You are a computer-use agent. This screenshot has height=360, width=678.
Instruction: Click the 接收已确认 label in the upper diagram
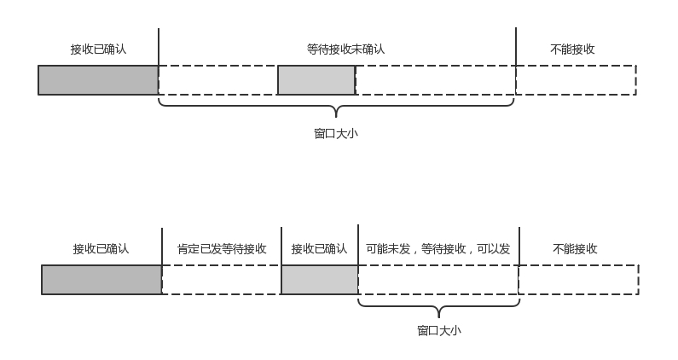98,49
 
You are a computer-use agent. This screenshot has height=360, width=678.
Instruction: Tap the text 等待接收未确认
345,49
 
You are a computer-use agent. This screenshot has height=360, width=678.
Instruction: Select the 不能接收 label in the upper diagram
573,49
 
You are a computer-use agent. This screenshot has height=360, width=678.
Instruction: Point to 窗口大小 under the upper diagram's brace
336,134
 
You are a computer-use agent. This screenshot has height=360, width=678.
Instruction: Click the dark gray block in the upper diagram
98,80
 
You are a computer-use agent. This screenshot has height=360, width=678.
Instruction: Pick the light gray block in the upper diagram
316,80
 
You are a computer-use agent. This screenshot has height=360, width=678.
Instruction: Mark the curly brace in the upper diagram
336,107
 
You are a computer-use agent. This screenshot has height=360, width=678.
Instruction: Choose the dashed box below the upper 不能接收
576,80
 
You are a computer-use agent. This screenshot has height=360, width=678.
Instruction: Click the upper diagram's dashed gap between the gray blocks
218,80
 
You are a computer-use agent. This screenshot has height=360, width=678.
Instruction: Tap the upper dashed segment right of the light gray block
435,80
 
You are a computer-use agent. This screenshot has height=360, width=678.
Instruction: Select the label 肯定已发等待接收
222,249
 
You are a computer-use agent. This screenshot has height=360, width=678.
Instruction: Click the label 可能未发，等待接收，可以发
438,249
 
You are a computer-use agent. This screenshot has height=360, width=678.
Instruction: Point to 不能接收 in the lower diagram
575,249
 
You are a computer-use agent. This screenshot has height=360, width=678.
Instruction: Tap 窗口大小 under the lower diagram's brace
439,331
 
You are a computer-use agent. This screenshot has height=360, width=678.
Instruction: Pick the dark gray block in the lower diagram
101,280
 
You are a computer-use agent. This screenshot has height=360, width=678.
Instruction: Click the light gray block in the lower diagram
320,280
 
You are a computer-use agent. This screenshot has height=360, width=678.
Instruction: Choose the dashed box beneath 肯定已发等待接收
222,280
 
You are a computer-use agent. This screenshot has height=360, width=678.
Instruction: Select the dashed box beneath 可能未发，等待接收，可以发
438,280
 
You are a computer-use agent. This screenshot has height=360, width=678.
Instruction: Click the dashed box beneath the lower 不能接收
578,280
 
